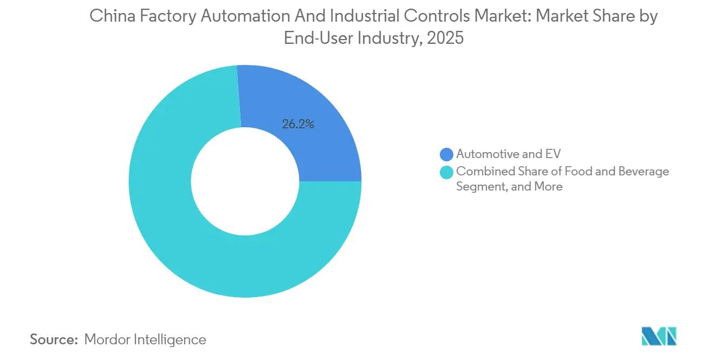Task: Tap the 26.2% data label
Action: point(298,124)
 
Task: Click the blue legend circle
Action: point(447,154)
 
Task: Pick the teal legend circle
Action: point(447,172)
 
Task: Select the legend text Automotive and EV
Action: point(508,154)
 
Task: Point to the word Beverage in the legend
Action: point(645,172)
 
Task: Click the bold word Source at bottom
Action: point(54,339)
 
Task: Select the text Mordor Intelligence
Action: point(145,339)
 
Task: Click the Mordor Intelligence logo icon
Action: point(659,336)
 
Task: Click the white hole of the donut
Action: point(245,181)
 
